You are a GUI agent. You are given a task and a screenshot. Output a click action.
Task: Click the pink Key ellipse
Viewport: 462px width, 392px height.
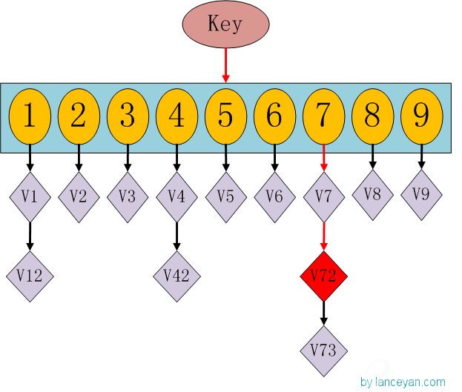[x=225, y=24]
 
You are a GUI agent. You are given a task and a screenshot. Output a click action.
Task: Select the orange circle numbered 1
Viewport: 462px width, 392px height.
[x=30, y=116]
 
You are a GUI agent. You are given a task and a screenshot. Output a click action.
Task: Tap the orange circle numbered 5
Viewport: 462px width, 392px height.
[x=225, y=116]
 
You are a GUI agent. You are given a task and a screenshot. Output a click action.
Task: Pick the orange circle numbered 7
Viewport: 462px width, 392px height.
[x=323, y=116]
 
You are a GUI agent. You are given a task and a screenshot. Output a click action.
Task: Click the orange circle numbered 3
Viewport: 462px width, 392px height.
[x=128, y=116]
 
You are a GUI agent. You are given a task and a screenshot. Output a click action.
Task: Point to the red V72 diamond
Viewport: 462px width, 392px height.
[x=323, y=276]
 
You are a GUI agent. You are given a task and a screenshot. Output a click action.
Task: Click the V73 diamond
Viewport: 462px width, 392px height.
[x=323, y=350]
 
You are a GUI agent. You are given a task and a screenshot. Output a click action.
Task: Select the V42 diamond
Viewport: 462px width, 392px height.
[x=176, y=276]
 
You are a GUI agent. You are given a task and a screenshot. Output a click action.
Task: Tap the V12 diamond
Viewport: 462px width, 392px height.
[x=30, y=276]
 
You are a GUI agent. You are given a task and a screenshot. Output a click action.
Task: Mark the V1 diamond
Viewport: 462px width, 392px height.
[x=30, y=196]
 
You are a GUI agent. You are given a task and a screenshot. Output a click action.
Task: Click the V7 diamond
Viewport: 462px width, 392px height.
[x=323, y=196]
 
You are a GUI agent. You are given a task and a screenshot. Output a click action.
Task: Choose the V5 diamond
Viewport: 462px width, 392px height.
[x=225, y=196]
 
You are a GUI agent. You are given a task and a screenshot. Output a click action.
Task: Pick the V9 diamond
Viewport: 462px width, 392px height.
[x=421, y=194]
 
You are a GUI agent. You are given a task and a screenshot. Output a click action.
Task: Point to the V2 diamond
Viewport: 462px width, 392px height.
[x=79, y=196]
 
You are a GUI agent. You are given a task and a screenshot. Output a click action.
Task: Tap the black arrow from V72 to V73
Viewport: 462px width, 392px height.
[x=323, y=313]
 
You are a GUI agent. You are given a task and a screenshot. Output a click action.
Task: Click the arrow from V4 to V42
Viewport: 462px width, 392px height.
[x=176, y=237]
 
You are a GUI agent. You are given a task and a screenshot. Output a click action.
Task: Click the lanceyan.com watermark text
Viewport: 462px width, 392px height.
[x=403, y=382]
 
